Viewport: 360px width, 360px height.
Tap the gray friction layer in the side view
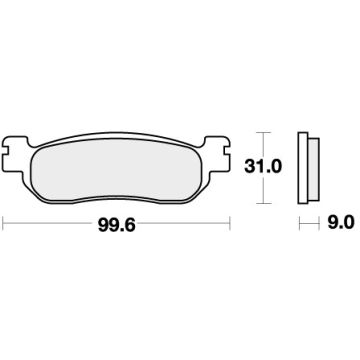click(315, 163)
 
